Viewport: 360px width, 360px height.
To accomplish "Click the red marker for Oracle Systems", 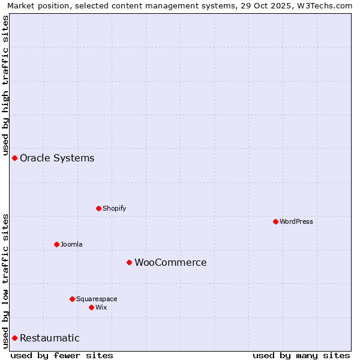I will point(14,158).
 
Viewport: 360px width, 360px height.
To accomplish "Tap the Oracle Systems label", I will point(57,158).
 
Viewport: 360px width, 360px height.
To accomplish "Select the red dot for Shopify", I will point(98,208).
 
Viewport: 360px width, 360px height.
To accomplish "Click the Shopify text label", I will point(114,208).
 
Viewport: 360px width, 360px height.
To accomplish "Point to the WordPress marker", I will point(275,221).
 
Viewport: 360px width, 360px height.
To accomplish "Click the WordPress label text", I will point(296,221).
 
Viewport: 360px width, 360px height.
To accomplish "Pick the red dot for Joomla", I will point(56,244).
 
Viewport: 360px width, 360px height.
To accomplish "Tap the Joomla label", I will point(71,244).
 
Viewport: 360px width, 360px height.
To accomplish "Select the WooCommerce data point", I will point(129,262).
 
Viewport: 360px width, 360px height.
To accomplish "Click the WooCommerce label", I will point(170,263).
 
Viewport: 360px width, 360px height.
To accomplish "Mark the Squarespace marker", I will point(72,299).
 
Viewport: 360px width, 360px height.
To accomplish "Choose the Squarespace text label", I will point(97,299).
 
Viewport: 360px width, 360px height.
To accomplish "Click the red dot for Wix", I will point(91,307).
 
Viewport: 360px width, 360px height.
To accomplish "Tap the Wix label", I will point(101,307).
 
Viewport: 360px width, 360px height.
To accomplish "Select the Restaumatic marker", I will point(14,338).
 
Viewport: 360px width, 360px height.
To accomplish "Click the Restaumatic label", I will point(49,338).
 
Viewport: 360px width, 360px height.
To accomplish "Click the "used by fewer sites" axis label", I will point(62,355).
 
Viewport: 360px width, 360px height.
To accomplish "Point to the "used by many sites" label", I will point(301,355).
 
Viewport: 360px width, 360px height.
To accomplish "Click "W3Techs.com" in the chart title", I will point(326,5).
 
